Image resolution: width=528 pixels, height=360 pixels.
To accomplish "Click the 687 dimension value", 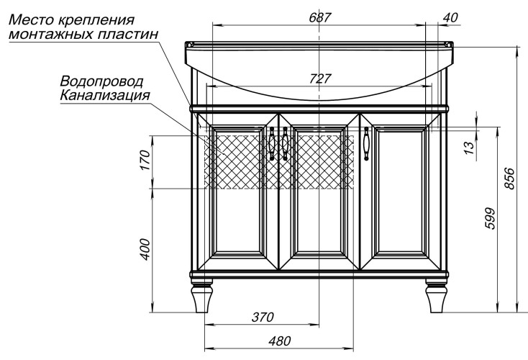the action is click(320, 17).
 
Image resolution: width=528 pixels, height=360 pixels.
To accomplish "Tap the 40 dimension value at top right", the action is click(450, 17).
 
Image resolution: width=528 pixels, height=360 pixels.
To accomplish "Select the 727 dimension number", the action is click(320, 78).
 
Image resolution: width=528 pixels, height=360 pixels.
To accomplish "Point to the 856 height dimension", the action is click(510, 179).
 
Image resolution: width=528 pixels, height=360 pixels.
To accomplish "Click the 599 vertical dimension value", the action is click(491, 218).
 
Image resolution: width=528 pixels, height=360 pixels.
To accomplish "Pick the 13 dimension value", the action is click(469, 148).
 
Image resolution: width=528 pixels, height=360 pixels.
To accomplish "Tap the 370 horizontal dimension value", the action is click(263, 317).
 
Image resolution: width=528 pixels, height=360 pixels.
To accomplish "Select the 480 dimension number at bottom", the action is click(280, 341).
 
